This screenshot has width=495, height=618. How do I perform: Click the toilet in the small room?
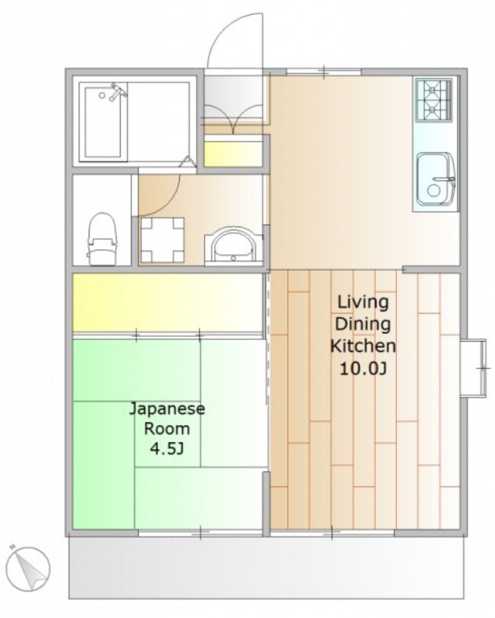(x=103, y=239)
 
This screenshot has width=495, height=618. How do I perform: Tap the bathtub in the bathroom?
(x=104, y=122)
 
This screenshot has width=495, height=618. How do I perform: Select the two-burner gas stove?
(x=433, y=100)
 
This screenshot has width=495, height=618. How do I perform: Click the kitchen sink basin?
(x=436, y=179)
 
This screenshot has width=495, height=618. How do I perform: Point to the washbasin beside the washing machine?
(x=233, y=244)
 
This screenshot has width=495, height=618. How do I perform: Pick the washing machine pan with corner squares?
(x=163, y=240)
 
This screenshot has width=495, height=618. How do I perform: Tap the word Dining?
(x=363, y=325)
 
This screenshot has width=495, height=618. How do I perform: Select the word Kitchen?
(x=363, y=346)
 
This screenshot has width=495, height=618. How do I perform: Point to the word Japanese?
(x=167, y=409)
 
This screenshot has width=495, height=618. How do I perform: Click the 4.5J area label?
(x=167, y=449)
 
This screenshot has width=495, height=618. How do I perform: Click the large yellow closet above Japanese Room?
(x=167, y=302)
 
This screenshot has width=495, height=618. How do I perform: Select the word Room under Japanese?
(x=167, y=429)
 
